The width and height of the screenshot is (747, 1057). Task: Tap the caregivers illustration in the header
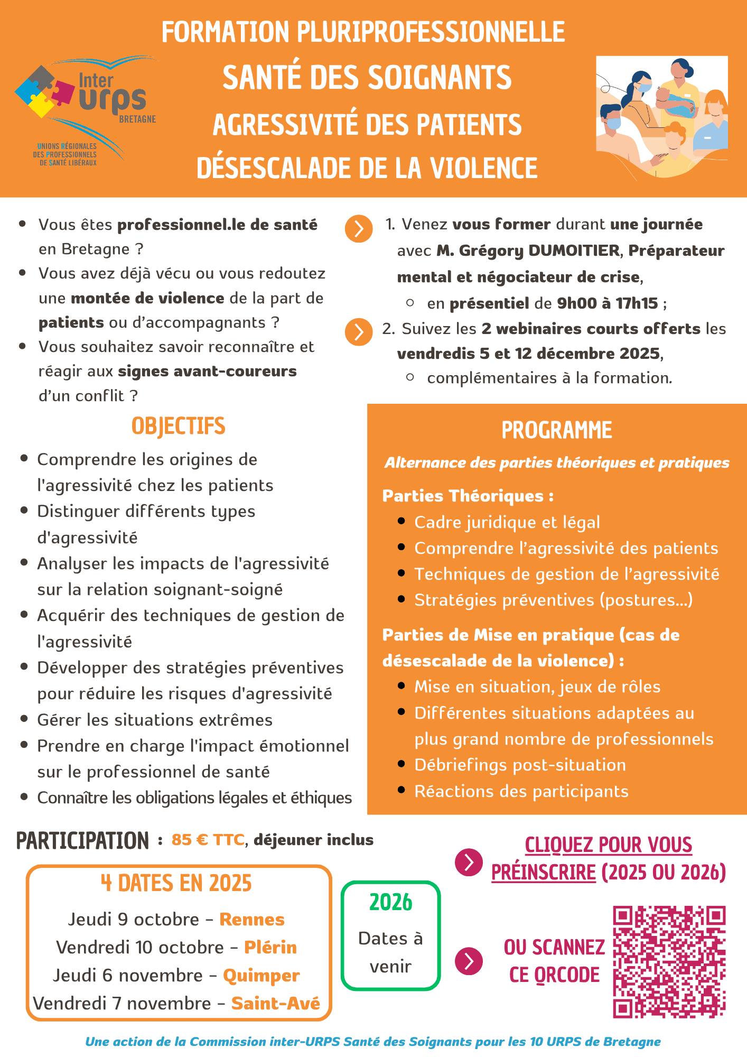[x=662, y=117]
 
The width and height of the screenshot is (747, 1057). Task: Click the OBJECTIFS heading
[x=179, y=426]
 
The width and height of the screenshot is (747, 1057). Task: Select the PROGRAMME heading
[x=557, y=431]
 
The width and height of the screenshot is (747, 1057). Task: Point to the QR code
[x=669, y=962]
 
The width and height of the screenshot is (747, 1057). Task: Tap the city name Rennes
[x=252, y=920]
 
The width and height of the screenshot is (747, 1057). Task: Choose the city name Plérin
[x=270, y=948]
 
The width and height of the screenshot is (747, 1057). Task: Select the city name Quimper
[x=262, y=976]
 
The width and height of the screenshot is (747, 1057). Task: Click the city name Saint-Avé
[x=276, y=1004]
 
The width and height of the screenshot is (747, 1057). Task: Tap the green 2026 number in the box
[x=391, y=903]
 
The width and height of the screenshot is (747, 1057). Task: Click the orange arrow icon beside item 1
[x=359, y=229]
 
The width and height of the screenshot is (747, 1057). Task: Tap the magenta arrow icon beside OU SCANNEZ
[x=469, y=961]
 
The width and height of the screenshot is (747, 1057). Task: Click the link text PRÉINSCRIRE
[x=544, y=872]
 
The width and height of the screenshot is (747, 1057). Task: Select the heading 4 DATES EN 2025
[x=176, y=884]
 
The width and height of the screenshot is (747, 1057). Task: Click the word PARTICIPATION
[x=83, y=841]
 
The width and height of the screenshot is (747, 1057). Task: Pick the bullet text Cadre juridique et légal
[x=507, y=522]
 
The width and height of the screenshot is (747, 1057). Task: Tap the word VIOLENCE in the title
[x=484, y=169]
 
